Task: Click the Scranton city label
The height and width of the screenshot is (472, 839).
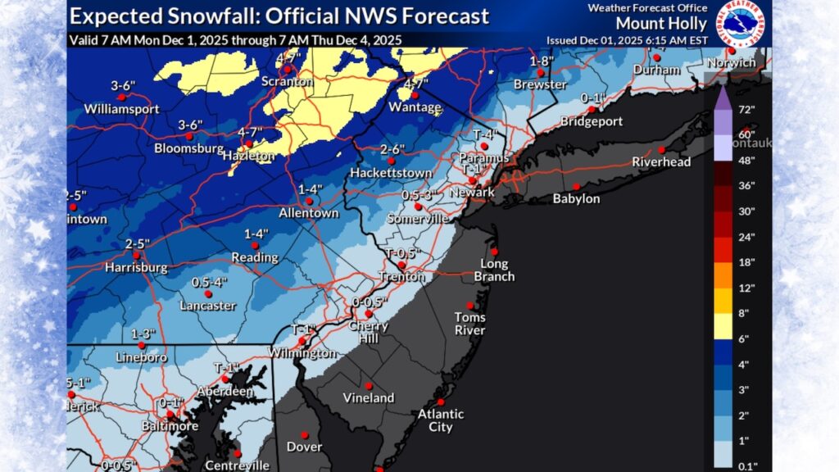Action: (x=287, y=82)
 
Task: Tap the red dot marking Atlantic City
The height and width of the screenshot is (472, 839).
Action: (x=441, y=402)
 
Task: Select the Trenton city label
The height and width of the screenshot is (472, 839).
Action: (x=401, y=277)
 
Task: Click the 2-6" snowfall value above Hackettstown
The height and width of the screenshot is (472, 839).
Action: (x=393, y=149)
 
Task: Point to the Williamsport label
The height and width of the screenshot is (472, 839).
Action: (x=118, y=108)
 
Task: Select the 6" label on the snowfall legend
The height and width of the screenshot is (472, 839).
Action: (x=742, y=338)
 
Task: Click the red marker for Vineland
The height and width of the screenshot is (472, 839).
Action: (x=369, y=385)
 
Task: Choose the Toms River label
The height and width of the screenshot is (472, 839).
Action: (x=470, y=324)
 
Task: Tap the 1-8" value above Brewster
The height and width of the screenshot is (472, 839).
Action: (x=539, y=62)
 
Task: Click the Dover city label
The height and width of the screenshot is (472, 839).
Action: (x=303, y=447)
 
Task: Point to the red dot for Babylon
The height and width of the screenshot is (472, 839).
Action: (x=576, y=186)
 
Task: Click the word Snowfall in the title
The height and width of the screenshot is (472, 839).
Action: (x=189, y=16)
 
